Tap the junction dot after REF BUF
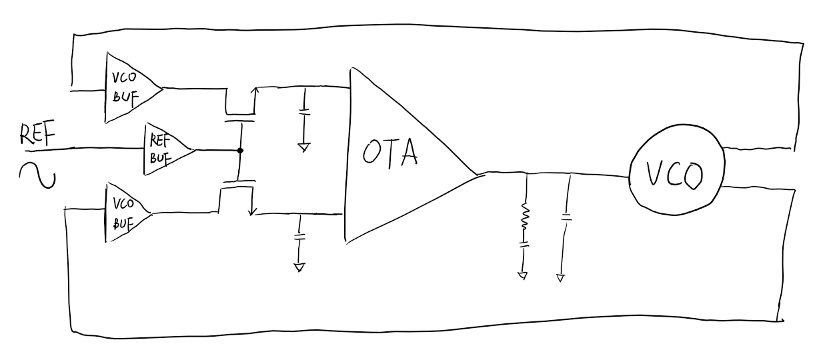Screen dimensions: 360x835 [x=240, y=151]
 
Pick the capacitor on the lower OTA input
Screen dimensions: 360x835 [x=300, y=235]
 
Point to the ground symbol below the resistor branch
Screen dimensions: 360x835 [x=524, y=274]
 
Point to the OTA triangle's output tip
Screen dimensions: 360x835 [x=476, y=175]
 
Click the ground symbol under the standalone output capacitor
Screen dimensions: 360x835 [x=560, y=278]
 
